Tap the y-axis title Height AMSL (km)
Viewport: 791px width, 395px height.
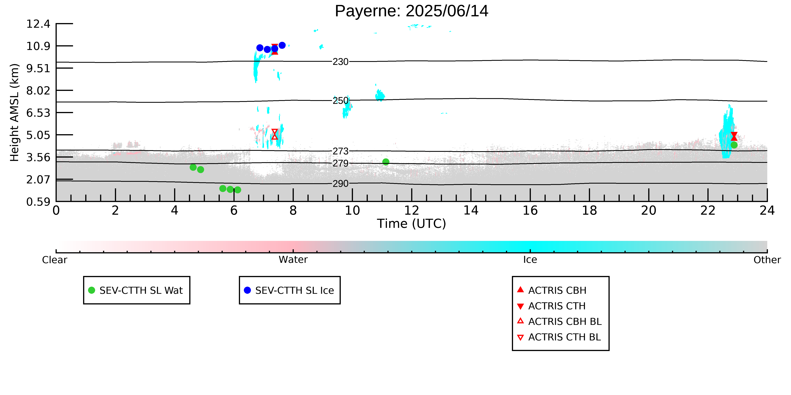point(15,113)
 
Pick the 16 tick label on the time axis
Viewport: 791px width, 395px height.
point(530,210)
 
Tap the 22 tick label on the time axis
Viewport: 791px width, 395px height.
point(708,210)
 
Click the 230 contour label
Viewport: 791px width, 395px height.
point(341,62)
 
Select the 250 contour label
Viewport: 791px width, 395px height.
point(341,101)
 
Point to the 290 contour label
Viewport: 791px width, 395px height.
point(341,183)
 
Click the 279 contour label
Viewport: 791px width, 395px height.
point(341,163)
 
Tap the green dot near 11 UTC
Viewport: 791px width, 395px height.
point(386,162)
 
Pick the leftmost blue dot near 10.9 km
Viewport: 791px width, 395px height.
point(260,48)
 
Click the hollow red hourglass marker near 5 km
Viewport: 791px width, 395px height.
point(274,134)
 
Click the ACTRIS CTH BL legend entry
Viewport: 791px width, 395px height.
point(559,337)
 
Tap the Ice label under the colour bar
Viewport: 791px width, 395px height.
point(530,260)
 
